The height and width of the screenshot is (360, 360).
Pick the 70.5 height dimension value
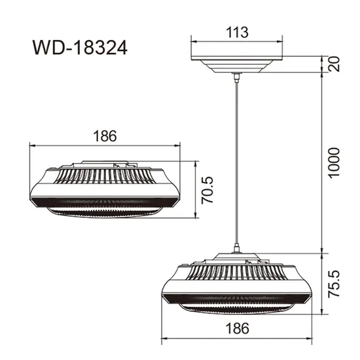pos(208,190)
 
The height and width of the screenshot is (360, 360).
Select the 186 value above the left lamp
pos(105,136)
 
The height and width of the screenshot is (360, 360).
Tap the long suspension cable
pos(236,164)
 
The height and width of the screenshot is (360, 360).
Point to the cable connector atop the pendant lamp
pos(236,249)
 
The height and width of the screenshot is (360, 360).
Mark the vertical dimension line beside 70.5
pos(198,190)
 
